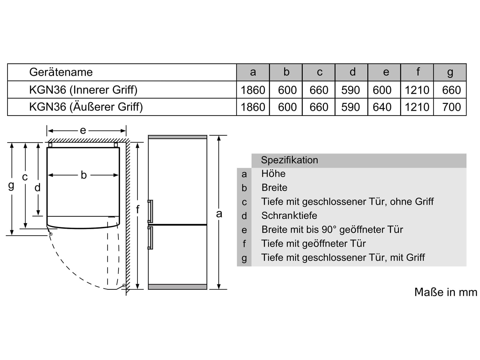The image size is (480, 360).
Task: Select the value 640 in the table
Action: [382, 107]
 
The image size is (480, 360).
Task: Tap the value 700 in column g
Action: [451, 107]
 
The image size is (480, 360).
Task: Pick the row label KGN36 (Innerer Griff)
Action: [83, 90]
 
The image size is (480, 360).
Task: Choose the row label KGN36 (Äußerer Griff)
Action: [86, 107]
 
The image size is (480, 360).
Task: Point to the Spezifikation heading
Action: [289, 160]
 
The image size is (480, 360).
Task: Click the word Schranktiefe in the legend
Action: [289, 215]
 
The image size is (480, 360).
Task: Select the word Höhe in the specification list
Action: [273, 174]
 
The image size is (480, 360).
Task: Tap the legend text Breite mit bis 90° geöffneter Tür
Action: [332, 229]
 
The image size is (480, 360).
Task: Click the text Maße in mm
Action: [446, 292]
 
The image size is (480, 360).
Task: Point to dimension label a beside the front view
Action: [219, 214]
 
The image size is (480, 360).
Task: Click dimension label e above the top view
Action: [83, 130]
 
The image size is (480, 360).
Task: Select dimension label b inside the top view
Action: [84, 175]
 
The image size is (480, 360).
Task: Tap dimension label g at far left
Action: [11, 186]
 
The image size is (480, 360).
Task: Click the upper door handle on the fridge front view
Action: [150, 211]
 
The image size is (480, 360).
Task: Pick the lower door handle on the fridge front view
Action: [150, 238]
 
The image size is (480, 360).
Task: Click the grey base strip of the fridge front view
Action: [177, 287]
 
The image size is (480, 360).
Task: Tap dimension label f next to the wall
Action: [137, 209]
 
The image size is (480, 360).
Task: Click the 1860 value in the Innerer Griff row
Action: [253, 90]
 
